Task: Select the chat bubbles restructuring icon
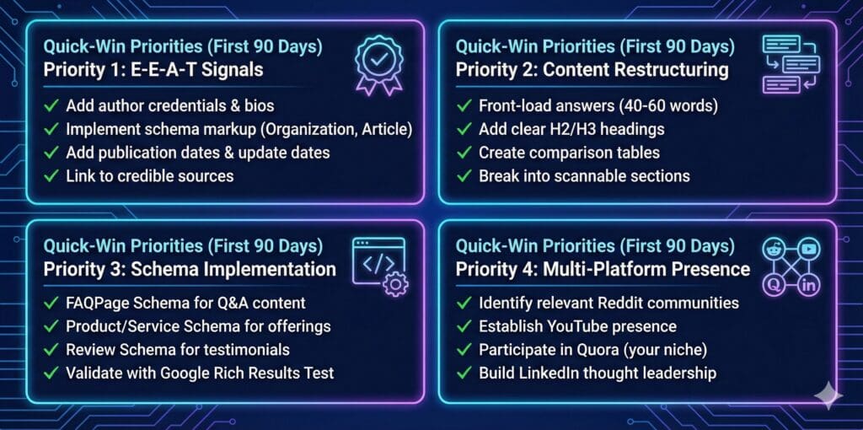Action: (x=791, y=63)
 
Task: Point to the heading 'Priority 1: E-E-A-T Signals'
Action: (x=153, y=69)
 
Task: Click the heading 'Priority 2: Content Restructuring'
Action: (x=592, y=69)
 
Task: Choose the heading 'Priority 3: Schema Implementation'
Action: (x=190, y=270)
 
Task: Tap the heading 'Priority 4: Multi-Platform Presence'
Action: (x=603, y=270)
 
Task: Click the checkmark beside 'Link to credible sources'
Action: (x=52, y=176)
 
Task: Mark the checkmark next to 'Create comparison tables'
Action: (x=464, y=153)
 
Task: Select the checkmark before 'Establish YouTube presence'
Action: (x=464, y=325)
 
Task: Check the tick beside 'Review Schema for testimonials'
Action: (x=52, y=349)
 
